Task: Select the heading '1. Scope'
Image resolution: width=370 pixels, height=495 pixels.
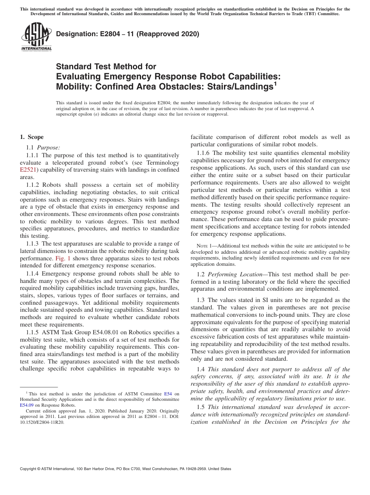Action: pyautogui.click(x=32, y=137)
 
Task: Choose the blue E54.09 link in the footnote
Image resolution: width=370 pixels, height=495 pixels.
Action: pyautogui.click(x=26, y=405)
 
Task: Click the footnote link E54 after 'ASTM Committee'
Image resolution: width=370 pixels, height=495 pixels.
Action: pyautogui.click(x=168, y=394)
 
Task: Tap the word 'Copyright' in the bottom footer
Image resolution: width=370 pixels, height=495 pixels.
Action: pyautogui.click(x=30, y=469)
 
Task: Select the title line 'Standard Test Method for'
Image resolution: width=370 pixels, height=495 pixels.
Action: pyautogui.click(x=106, y=67)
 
